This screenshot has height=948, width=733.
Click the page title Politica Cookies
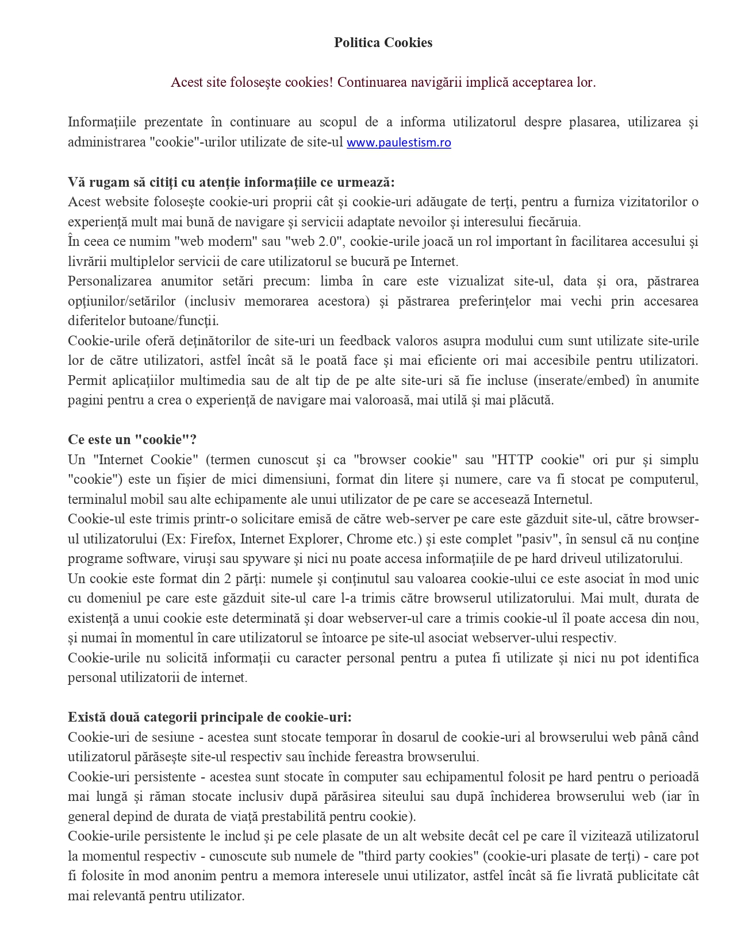[x=383, y=43]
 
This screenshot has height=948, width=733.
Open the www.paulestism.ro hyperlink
[x=398, y=142]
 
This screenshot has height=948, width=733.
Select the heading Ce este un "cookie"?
[x=132, y=440]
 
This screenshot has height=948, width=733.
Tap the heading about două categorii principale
[x=209, y=717]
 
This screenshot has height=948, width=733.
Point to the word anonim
[x=222, y=876]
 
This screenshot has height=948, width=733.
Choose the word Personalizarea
[x=110, y=281]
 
